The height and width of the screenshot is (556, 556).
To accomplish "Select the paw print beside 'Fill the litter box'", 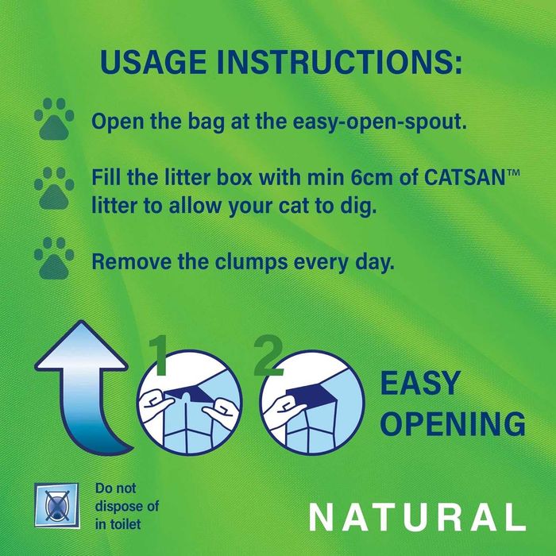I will pos(54,187).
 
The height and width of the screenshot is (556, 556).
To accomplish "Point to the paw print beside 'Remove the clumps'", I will pos(54,255).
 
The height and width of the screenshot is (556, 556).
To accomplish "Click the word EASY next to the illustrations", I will pos(420,384).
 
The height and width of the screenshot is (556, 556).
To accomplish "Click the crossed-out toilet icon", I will pos(60,507).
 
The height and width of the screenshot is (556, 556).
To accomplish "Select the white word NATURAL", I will pos(417,517).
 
